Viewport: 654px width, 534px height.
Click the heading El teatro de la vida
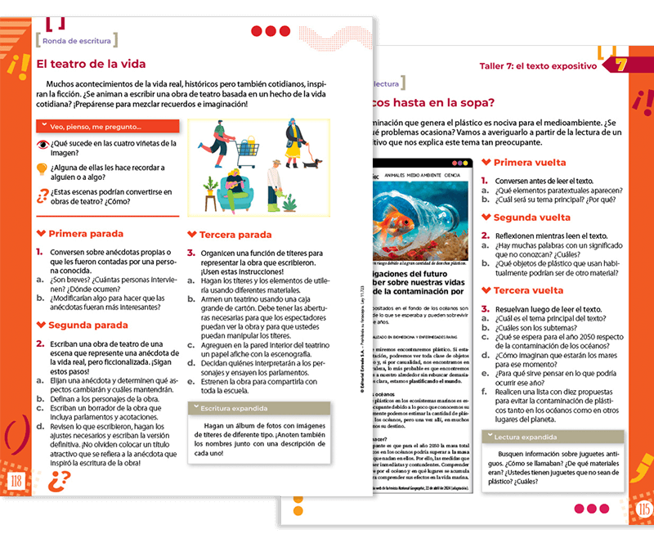[91, 64]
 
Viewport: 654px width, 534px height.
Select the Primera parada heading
[85, 234]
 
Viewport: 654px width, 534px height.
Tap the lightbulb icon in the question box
[43, 169]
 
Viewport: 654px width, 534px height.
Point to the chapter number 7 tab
[620, 65]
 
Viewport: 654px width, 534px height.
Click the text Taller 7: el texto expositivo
[537, 65]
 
